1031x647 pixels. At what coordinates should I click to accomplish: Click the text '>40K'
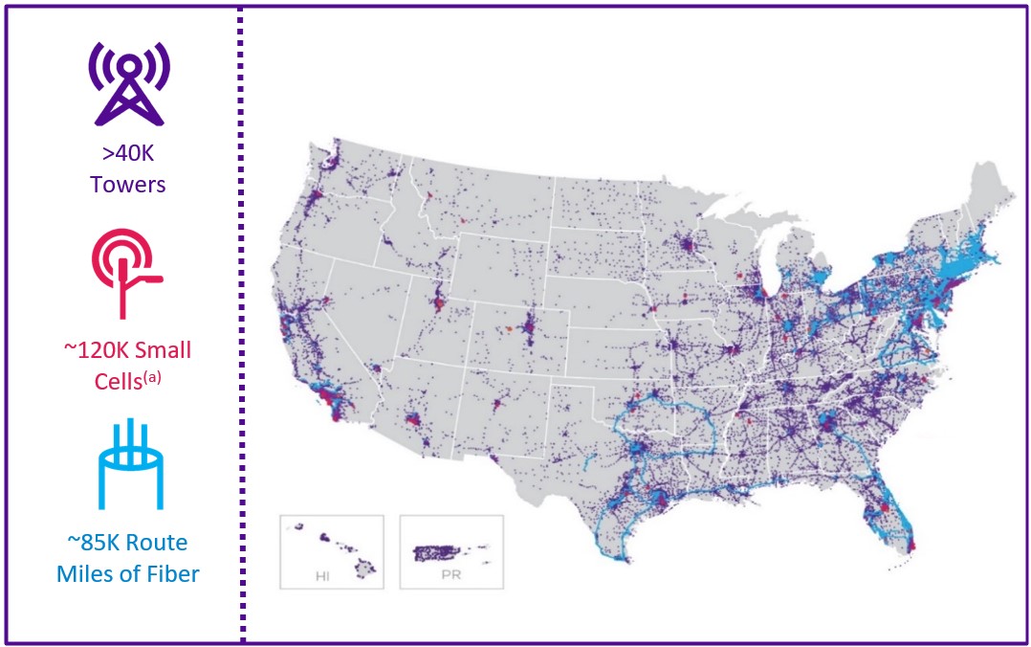pos(128,157)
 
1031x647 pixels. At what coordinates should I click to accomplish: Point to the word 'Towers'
pos(128,184)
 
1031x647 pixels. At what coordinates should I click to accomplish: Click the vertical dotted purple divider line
pos(241,323)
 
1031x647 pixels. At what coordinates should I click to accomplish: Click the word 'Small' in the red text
pos(163,350)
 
